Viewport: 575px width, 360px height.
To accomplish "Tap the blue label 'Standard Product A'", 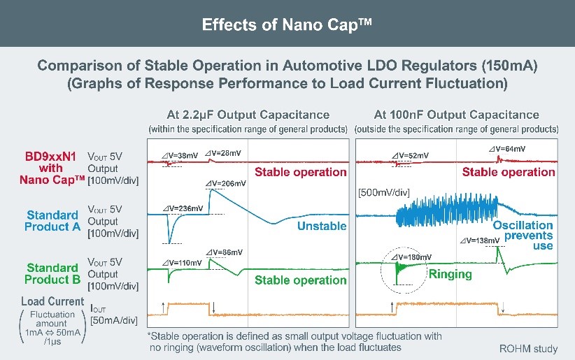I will click(x=51, y=221).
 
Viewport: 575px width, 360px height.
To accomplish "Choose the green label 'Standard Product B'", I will click(x=51, y=273).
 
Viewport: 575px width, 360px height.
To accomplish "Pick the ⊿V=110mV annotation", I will click(x=185, y=262).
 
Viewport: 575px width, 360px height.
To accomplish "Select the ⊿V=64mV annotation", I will click(x=507, y=149).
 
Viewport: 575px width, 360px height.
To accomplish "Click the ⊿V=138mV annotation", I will click(x=480, y=240).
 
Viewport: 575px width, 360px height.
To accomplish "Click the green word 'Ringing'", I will click(x=450, y=274).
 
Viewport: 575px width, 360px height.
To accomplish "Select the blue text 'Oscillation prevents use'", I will click(x=523, y=236).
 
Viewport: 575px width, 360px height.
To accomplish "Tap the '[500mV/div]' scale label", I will click(x=383, y=192).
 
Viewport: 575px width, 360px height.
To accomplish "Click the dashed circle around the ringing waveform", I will click(x=397, y=285).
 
